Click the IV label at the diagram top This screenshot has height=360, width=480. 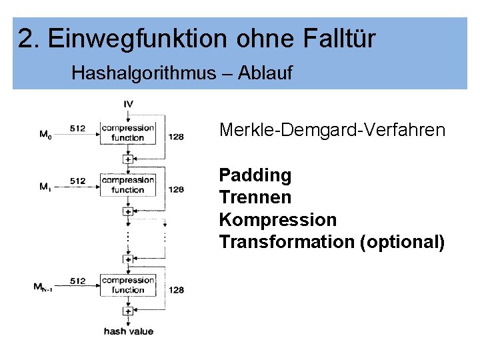point(128,103)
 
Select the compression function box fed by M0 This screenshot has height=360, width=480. point(127,133)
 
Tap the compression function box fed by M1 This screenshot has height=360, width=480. point(127,185)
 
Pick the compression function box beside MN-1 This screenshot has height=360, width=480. point(127,285)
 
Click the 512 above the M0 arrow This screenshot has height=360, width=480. point(77,128)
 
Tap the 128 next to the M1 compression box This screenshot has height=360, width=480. point(176,189)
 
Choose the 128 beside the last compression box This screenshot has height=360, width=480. point(176,290)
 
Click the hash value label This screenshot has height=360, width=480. point(128,331)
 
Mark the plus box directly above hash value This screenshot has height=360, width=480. point(128,311)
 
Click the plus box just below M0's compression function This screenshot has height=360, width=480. point(128,159)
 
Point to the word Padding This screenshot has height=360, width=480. point(255,176)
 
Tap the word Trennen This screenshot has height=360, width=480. point(255,198)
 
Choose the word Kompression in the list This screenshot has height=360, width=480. point(277,220)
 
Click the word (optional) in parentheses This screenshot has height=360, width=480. point(401,241)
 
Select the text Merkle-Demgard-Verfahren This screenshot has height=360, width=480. point(331,130)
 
